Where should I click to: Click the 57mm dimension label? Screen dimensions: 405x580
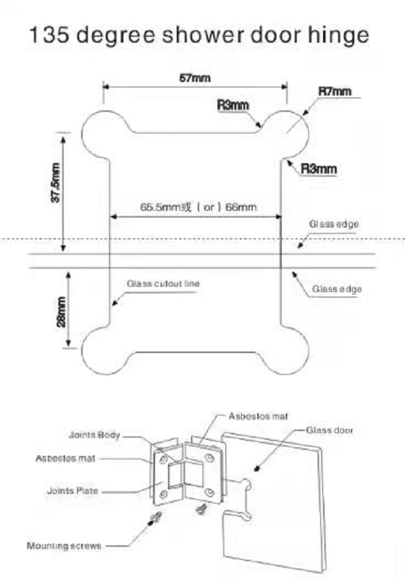[x=195, y=78]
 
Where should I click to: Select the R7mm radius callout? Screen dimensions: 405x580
[x=335, y=91]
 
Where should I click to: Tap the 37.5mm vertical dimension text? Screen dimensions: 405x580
[x=56, y=183]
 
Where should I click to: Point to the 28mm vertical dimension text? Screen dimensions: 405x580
[x=62, y=312]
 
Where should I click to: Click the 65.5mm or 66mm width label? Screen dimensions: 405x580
[x=198, y=207]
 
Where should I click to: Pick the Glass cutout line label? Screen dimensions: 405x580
[x=163, y=284]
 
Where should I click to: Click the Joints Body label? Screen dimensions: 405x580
[x=95, y=435]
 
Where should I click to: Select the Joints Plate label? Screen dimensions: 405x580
[x=73, y=491]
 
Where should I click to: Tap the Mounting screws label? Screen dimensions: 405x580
[x=64, y=545]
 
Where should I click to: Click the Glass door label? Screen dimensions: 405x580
[x=330, y=430]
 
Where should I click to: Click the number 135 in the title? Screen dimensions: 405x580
[x=49, y=35]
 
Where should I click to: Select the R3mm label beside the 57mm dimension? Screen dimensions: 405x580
[x=233, y=105]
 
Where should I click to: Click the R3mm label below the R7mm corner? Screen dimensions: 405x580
[x=319, y=169]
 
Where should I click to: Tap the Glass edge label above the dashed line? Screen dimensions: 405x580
[x=334, y=224]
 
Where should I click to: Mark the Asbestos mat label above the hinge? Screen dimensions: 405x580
[x=258, y=416]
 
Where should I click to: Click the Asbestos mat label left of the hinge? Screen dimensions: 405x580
[x=66, y=459]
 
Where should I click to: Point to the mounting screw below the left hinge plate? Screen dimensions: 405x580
[x=155, y=518]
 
